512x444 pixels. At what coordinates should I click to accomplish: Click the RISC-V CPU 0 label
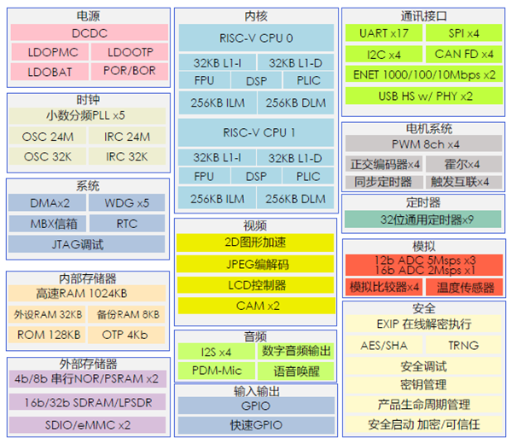click(257, 38)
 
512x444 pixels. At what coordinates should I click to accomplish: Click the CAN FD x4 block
click(463, 54)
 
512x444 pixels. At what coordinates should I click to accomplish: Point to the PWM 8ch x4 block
click(424, 144)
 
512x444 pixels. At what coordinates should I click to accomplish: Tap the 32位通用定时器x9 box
click(424, 219)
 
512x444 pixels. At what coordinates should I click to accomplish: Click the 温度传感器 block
click(465, 287)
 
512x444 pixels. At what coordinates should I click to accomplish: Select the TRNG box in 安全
click(463, 346)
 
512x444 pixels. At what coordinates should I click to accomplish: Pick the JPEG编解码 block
click(257, 264)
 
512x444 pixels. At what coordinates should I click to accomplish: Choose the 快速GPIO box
click(257, 425)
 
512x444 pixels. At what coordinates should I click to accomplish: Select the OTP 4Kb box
click(125, 335)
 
